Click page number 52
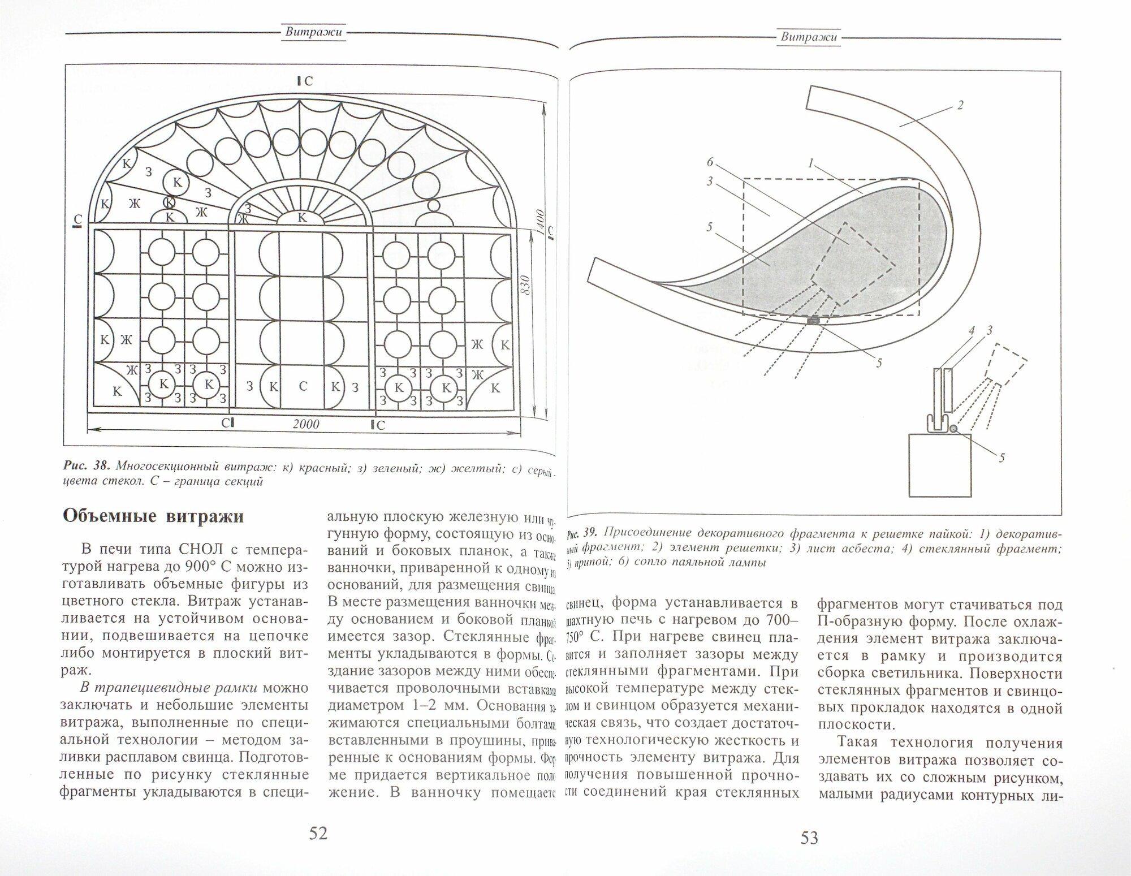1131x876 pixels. point(318,833)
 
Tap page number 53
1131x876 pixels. point(809,838)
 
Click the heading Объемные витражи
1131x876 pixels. point(153,516)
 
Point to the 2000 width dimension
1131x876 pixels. point(306,424)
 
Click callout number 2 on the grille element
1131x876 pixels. point(959,105)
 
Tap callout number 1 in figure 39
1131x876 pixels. point(811,164)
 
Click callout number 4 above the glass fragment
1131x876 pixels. point(972,331)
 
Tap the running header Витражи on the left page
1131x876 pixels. point(313,32)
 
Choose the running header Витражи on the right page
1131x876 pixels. point(808,37)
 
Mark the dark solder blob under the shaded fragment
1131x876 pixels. point(814,321)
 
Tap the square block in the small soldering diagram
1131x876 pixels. point(940,464)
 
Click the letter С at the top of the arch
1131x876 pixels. point(308,81)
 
